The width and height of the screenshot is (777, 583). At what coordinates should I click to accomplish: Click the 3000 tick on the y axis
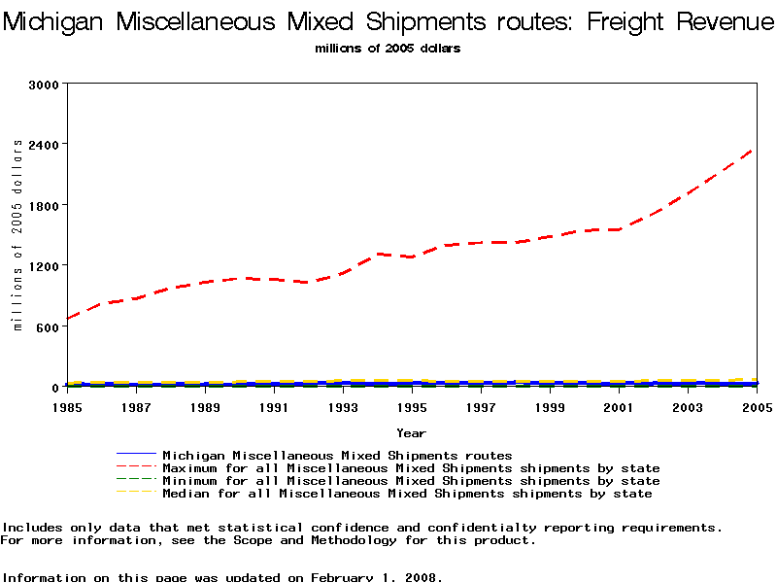click(46, 85)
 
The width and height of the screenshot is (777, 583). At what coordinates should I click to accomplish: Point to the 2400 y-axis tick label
click(46, 145)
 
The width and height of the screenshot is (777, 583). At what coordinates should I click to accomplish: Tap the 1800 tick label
click(46, 205)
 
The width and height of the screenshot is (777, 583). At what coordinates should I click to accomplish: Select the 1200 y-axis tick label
click(46, 265)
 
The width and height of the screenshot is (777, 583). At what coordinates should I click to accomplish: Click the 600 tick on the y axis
click(50, 326)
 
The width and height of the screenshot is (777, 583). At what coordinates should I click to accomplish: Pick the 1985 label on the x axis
click(68, 407)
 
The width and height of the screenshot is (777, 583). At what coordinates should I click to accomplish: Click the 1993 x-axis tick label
click(343, 407)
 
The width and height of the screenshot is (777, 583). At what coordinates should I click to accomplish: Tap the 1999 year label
click(550, 407)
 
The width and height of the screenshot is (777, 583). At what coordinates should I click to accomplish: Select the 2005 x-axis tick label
click(756, 407)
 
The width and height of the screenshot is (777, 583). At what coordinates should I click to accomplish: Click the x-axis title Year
click(411, 432)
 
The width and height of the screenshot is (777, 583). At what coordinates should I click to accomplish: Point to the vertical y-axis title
click(17, 234)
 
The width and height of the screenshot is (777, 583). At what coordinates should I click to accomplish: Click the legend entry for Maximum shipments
click(411, 468)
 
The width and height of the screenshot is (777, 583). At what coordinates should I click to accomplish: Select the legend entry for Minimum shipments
click(411, 481)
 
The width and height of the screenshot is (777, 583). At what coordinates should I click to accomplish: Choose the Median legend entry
click(407, 494)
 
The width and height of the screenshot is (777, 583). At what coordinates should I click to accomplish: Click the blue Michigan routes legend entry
click(337, 455)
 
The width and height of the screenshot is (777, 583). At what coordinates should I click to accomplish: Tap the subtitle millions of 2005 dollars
click(388, 48)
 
